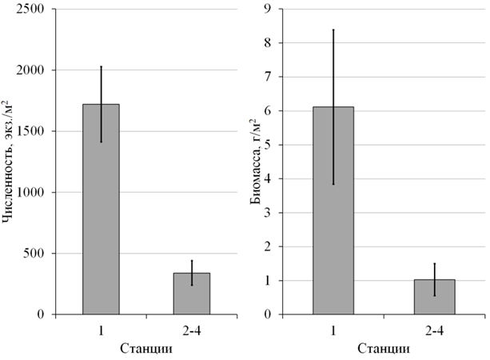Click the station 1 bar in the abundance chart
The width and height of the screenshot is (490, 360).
tap(101, 209)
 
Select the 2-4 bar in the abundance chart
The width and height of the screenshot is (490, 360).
tap(192, 294)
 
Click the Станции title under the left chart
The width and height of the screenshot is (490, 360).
tap(147, 349)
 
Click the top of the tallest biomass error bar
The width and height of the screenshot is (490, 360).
tap(333, 30)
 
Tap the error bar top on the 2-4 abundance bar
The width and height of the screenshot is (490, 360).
tap(192, 260)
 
